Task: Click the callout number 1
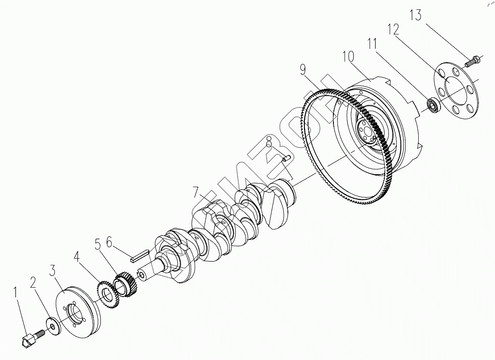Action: [x=16, y=293]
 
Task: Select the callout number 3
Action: [x=52, y=270]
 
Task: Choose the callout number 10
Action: [x=348, y=57]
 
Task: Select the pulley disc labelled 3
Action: [x=76, y=308]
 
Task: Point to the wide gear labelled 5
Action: [x=125, y=285]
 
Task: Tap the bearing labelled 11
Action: [x=433, y=105]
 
